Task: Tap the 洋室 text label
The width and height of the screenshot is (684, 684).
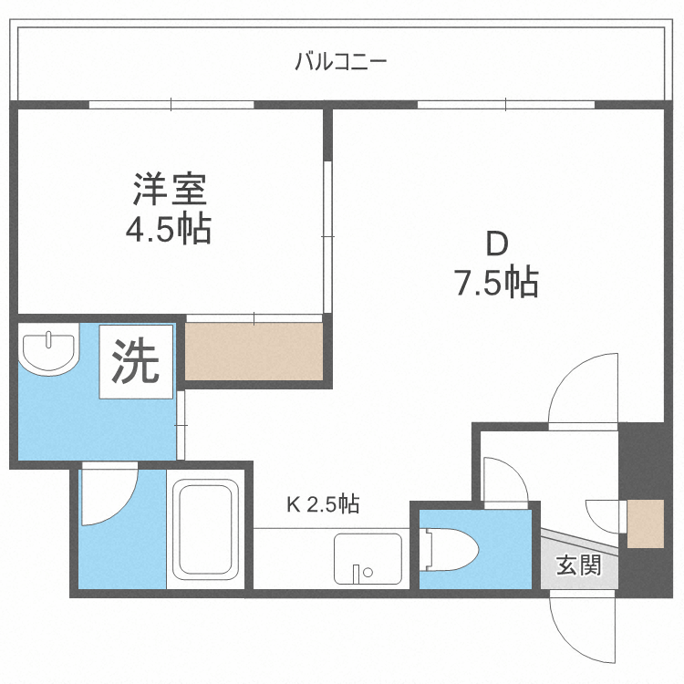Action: click(x=170, y=190)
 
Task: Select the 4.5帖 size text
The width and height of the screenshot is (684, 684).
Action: click(x=169, y=229)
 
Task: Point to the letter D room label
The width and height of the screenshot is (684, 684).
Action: click(x=495, y=244)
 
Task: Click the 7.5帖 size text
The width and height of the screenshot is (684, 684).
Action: click(x=495, y=284)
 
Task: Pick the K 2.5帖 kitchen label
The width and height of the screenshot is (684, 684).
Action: click(x=323, y=503)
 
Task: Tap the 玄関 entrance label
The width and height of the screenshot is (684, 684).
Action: click(x=578, y=565)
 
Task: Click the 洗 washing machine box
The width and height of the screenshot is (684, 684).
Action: click(x=135, y=362)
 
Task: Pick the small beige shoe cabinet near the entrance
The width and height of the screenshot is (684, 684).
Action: click(x=646, y=523)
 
